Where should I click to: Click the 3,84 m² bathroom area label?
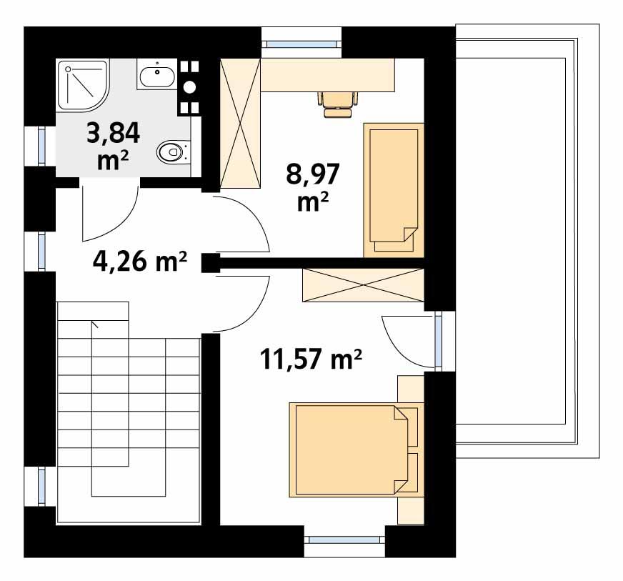[113, 145]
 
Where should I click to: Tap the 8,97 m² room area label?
[312, 187]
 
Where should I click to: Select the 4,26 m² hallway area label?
[140, 262]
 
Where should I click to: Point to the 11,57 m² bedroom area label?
[309, 357]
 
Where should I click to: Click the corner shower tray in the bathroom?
[85, 85]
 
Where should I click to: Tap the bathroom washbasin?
[155, 74]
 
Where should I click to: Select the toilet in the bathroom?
[171, 152]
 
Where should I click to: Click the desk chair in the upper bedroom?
[337, 103]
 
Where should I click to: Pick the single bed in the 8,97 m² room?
[394, 189]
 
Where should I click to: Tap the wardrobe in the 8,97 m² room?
[240, 123]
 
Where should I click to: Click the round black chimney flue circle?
[189, 87]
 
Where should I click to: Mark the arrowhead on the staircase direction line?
[94, 324]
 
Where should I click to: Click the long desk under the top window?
[327, 75]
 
